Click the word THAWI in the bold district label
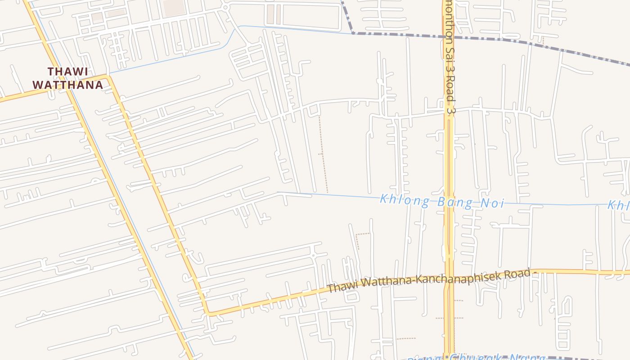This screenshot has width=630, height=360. click(67, 72)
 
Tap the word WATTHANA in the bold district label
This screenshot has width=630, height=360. click(67, 85)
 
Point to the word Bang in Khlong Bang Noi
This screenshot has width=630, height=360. click(451, 202)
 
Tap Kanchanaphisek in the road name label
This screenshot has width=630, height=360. click(454, 278)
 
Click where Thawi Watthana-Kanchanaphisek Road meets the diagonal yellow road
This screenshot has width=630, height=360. click(207, 313)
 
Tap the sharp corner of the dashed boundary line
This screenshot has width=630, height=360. click(353, 32)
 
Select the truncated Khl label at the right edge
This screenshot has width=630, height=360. click(618, 206)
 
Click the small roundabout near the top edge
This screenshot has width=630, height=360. click(225, 7)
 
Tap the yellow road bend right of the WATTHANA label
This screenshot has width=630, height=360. click(108, 77)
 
